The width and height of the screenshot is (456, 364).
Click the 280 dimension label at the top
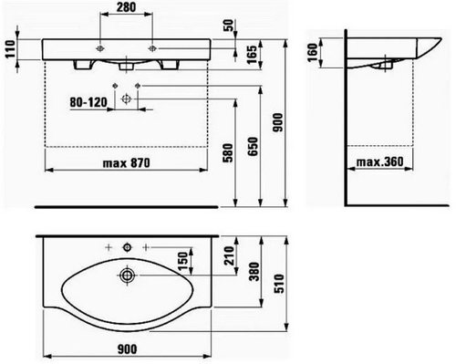[126, 7]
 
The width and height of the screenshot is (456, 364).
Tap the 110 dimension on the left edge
[10, 49]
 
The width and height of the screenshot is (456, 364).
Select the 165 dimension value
[253, 55]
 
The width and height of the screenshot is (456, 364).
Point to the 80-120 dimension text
[88, 102]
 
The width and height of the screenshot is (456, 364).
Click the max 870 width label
[127, 163]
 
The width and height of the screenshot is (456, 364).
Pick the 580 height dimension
[228, 152]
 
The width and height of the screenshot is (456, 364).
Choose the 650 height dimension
[253, 146]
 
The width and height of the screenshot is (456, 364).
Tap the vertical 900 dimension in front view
[278, 122]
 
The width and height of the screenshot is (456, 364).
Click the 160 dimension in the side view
[313, 52]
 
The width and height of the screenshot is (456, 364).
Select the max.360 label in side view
[380, 161]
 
